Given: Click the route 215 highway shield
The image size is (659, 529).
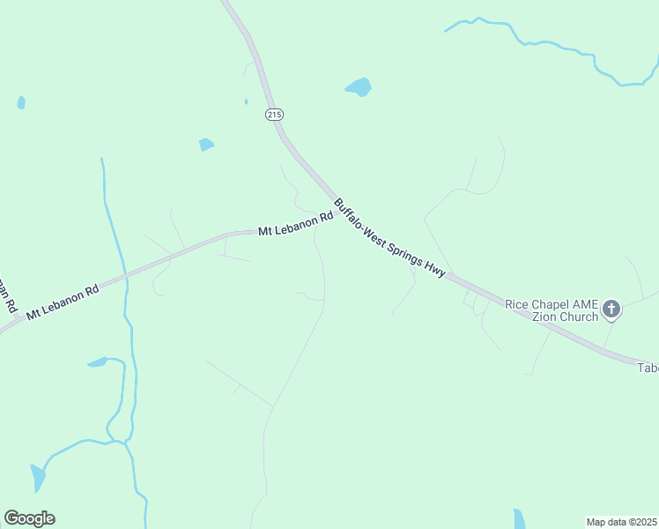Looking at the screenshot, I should point(274,115).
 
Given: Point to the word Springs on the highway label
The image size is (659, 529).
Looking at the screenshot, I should point(406,250).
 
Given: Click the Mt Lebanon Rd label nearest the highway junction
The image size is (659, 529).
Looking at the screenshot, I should point(295,224).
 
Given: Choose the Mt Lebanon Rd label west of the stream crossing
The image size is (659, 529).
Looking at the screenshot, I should point(62,302).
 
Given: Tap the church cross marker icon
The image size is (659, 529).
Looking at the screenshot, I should point(612,309).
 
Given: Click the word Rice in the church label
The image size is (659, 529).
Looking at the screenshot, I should point(516,304).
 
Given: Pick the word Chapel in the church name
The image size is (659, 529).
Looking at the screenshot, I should point(551,304).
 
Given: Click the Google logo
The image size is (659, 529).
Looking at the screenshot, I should point(29,518).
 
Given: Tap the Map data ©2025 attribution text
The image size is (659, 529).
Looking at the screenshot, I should point(622,522).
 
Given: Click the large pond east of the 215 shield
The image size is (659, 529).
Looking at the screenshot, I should point(359,86).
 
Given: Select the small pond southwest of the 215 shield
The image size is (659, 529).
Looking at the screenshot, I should point(206,144).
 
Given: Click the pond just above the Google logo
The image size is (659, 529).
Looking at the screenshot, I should point(37,477).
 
